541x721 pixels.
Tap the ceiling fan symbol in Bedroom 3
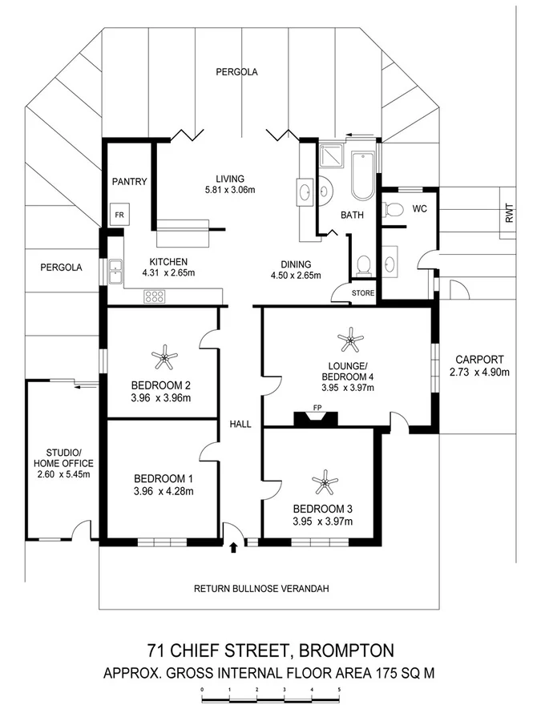(324, 483)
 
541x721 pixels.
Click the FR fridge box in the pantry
(119, 216)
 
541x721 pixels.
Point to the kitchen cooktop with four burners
(154, 296)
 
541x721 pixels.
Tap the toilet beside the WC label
(393, 210)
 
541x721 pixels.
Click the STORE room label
(363, 293)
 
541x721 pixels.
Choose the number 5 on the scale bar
(339, 688)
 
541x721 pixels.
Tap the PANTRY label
(129, 182)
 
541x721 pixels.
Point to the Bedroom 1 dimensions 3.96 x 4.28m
(164, 491)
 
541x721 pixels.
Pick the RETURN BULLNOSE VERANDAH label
(261, 589)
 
